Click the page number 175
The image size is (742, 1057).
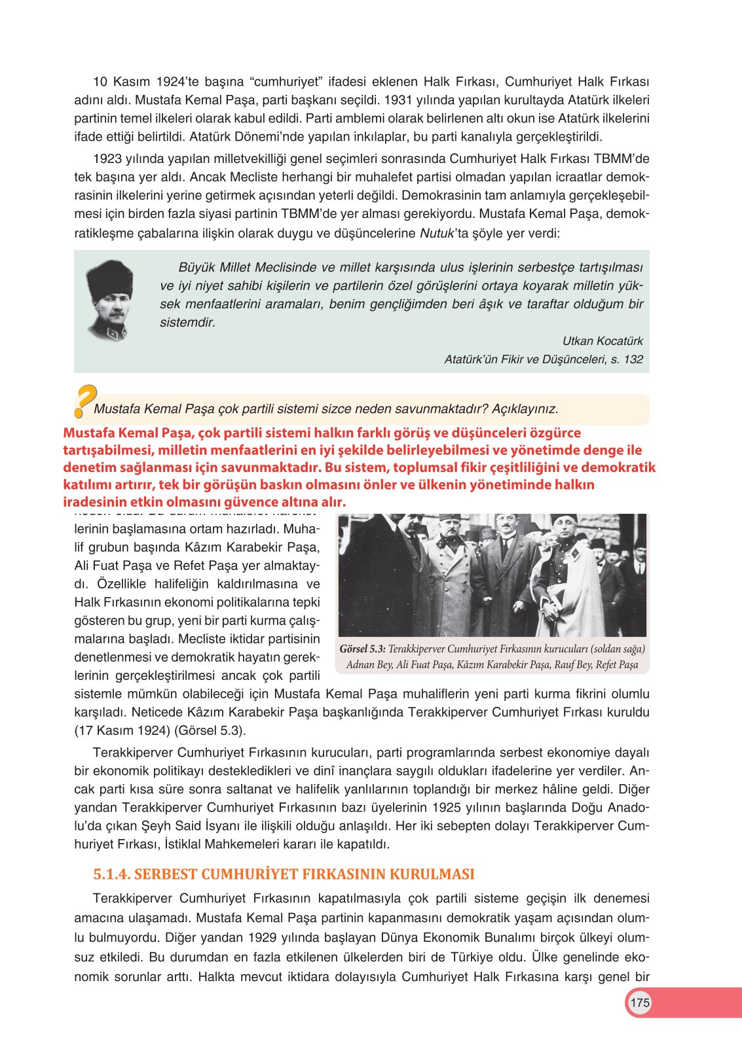pos(639,1003)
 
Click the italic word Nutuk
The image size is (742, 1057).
pos(437,233)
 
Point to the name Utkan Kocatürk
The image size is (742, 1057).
pos(603,341)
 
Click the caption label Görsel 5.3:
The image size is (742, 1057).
pos(362,649)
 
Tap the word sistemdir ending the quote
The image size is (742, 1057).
pos(187,323)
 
